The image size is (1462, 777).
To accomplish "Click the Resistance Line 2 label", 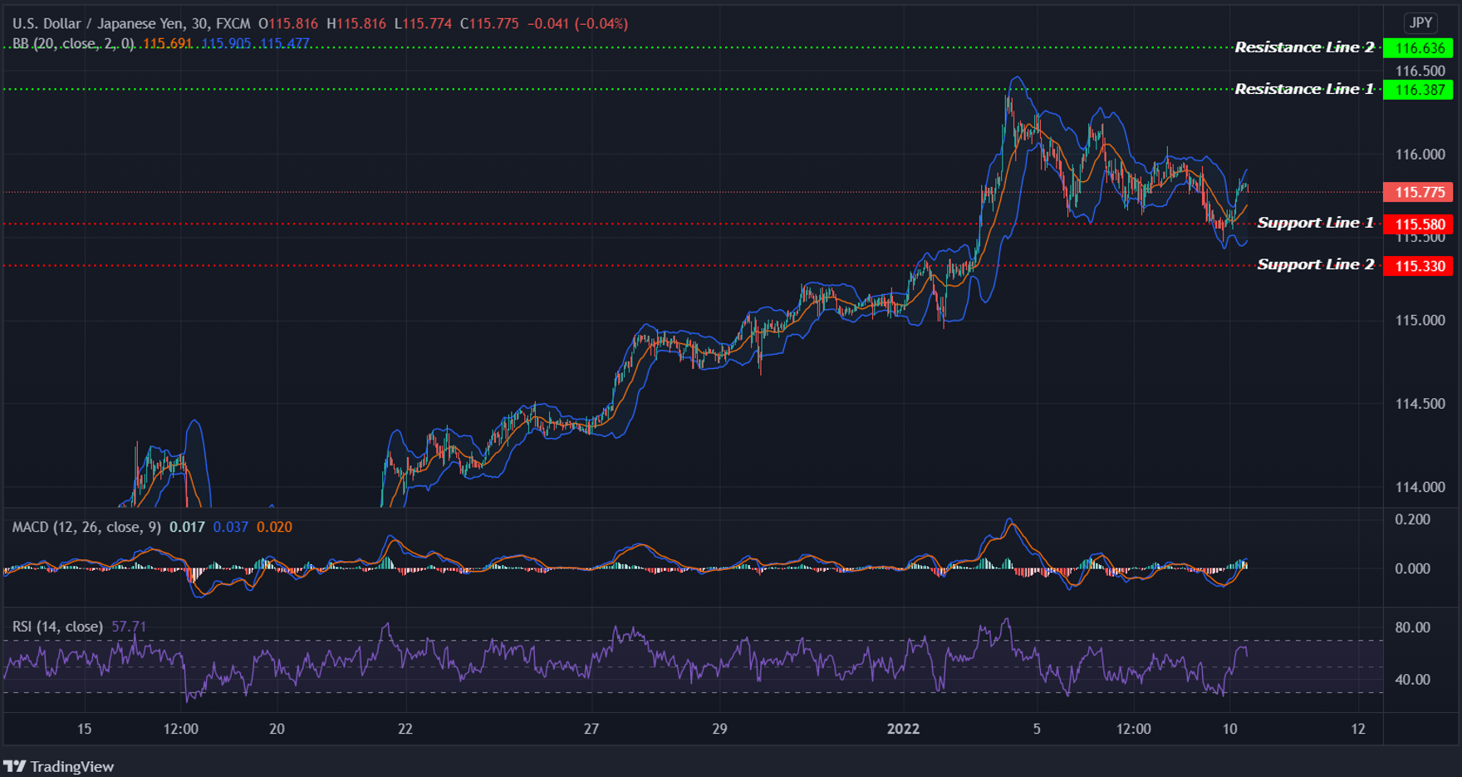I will (1303, 47).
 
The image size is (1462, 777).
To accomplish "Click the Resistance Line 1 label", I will (1303, 89).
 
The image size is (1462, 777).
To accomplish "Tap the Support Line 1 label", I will (1315, 223).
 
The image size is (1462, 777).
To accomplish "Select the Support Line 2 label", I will (1315, 264).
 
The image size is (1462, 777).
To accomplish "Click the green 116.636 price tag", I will (1419, 48).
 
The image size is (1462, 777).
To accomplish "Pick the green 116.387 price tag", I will (1419, 90).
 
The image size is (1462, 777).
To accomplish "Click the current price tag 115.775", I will (1419, 192).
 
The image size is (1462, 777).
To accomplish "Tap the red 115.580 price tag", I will (1419, 224).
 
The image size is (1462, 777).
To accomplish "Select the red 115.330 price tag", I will (1419, 266).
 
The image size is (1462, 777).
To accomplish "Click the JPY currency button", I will (1420, 23).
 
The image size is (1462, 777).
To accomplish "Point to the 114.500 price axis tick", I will (1420, 404).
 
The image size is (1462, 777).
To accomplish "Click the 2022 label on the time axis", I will (903, 729).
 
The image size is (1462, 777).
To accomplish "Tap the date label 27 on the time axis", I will (591, 729).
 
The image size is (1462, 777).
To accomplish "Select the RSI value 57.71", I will (129, 627).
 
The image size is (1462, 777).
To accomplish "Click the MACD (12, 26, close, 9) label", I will (86, 527).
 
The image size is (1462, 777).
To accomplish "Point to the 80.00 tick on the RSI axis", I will (1412, 627).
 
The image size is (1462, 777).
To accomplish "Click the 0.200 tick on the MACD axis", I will (1412, 519).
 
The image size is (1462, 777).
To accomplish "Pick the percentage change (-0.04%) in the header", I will (601, 23).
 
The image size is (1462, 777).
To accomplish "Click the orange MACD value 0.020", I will (274, 527).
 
